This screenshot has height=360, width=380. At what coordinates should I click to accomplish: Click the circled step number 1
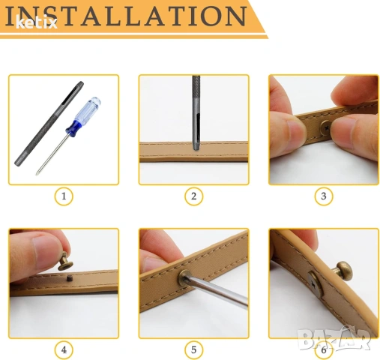(x=64, y=196)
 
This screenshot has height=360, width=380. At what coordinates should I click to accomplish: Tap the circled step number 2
(x=193, y=196)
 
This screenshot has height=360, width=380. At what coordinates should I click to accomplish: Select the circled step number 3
(x=324, y=196)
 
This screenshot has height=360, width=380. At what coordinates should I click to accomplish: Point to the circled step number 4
(x=64, y=349)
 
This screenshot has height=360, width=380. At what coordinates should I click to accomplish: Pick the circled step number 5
(x=193, y=349)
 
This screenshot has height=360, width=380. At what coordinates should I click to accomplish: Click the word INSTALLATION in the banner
(x=126, y=16)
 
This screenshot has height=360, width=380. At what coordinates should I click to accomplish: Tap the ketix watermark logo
(x=37, y=22)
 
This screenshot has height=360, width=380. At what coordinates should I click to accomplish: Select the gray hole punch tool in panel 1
(x=49, y=124)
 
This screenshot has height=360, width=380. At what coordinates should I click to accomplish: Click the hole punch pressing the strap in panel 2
(x=196, y=112)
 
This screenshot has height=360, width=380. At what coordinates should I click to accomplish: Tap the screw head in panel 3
(x=326, y=128)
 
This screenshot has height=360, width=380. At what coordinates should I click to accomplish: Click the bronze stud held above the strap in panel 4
(x=64, y=262)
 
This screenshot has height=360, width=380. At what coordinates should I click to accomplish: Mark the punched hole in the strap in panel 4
(x=69, y=277)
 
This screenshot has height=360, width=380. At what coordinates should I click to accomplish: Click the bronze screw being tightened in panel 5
(x=184, y=277)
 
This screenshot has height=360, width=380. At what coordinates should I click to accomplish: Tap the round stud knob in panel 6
(x=344, y=271)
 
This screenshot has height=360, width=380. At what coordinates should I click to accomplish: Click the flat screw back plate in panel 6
(x=315, y=284)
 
